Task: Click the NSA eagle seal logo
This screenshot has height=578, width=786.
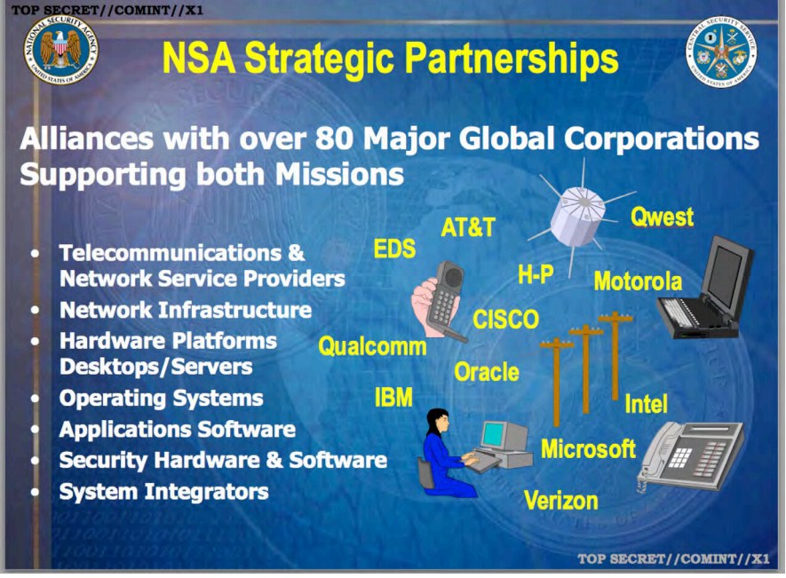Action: coord(61,50)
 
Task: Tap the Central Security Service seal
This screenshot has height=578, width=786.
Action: coord(722,51)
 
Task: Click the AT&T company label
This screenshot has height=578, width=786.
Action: coord(468,227)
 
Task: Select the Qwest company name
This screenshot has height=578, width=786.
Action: coord(662,217)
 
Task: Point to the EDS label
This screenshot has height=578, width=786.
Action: coord(395,249)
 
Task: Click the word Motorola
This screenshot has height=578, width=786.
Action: coord(638,281)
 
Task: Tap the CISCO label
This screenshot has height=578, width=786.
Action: coord(505,320)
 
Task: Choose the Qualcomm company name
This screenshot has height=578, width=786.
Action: coord(372,346)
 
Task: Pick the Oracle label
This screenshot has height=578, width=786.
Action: coord(487,372)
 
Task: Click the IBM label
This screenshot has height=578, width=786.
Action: coord(394,397)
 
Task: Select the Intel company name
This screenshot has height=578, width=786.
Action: coord(647,404)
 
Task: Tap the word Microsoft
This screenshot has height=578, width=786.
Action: coord(588,448)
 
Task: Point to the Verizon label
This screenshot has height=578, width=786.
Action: coord(561,500)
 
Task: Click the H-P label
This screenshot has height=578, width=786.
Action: coord(536,274)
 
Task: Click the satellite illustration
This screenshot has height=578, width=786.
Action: coord(582,216)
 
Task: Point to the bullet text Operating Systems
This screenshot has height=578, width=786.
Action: coord(162,399)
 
